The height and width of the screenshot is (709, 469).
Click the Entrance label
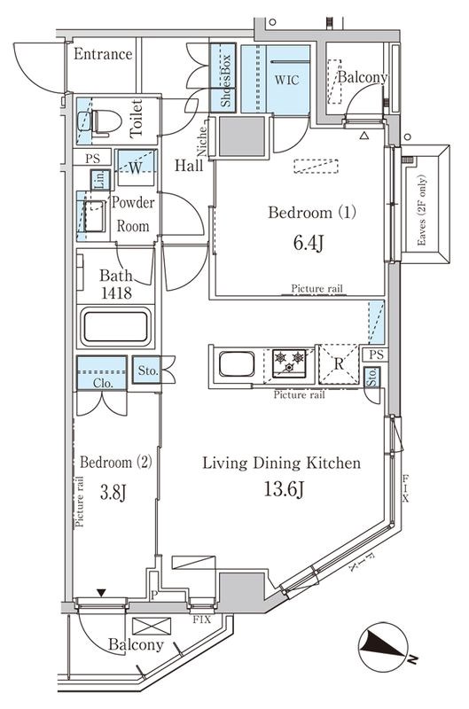tap(103, 55)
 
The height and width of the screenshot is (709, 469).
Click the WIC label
tap(287, 80)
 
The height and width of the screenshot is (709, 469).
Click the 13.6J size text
tap(281, 488)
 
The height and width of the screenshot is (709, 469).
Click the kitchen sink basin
tap(235, 364)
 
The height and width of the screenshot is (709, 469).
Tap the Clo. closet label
tap(102, 383)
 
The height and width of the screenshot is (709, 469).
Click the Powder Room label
tap(133, 214)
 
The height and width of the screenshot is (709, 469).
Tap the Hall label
tap(187, 165)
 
